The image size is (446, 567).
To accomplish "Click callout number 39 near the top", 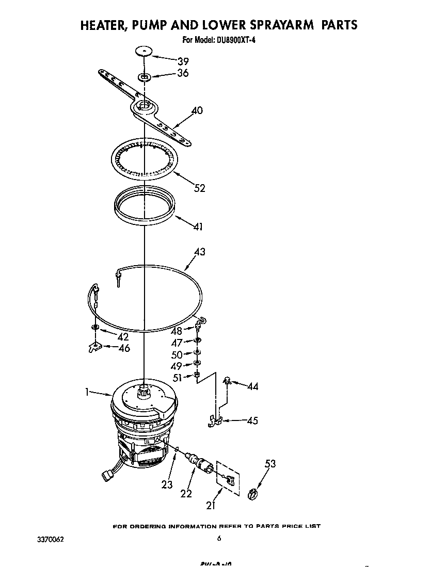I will tap(183, 61).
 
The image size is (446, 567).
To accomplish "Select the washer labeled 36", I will tap(145, 77).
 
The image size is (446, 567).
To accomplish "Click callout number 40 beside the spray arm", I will tap(197, 110).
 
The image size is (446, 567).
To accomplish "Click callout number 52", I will tap(199, 188).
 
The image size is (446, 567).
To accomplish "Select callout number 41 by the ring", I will tap(198, 226).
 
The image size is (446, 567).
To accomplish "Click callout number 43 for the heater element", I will tap(199, 252).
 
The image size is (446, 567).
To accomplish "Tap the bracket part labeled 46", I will tap(94, 348).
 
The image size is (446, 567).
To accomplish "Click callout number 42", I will tap(123, 336).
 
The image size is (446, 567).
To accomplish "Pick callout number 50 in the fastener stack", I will tap(177, 355).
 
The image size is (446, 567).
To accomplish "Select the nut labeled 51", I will tap(197, 375).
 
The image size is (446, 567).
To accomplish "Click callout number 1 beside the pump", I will tap(88, 392).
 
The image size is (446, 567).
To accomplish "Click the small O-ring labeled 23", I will tap(177, 450).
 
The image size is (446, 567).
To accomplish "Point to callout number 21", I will tap(210, 505).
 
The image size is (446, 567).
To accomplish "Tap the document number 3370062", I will tap(50, 539).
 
